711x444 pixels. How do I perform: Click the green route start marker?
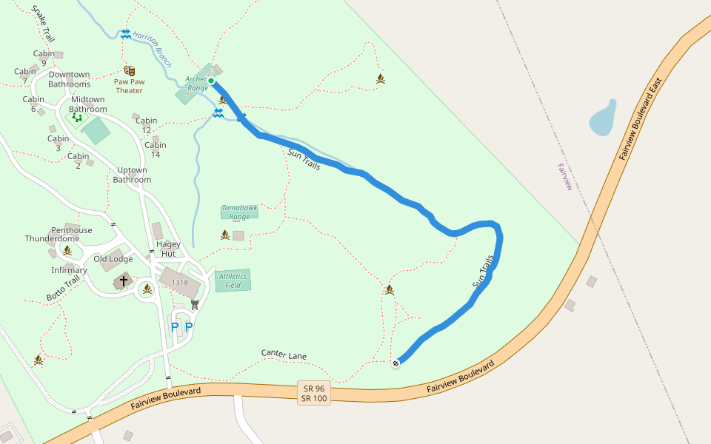tap(211, 81)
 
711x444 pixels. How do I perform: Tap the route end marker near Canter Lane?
tap(396, 363)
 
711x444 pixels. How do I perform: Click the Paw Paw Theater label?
tap(128, 86)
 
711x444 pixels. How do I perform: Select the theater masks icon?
tap(130, 71)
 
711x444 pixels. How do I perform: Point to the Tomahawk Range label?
tap(239, 212)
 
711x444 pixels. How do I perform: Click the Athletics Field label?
tap(233, 280)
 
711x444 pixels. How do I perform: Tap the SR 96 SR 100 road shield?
tap(314, 393)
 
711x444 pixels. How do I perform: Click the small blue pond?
tap(602, 118)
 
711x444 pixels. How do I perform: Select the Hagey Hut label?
tap(168, 249)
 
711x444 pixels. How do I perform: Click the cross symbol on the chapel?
tap(124, 281)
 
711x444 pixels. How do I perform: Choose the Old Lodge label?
tap(113, 259)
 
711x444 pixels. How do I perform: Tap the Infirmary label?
tap(69, 270)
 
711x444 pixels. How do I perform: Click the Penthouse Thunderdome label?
tap(62, 235)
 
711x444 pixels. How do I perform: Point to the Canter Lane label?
tap(284, 356)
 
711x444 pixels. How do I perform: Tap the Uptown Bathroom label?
tap(133, 175)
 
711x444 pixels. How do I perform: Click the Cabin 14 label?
tap(156, 150)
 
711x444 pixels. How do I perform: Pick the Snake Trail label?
tap(43, 25)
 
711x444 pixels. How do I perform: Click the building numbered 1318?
tap(180, 283)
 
